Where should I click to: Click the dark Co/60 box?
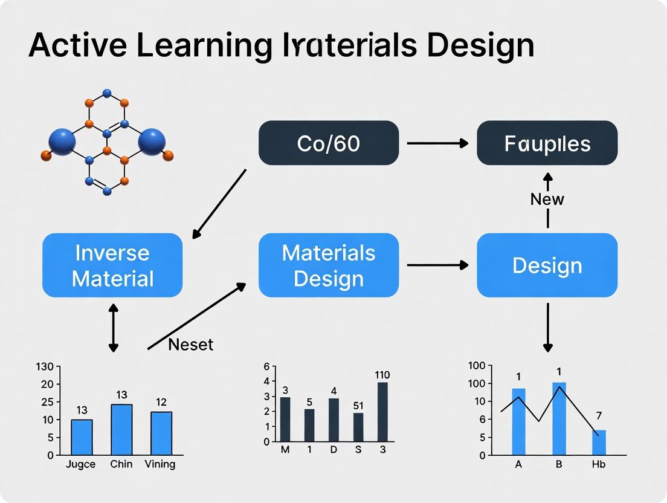329,143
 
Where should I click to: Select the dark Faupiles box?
547,143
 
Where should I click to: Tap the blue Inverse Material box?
113,265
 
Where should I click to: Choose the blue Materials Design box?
329,265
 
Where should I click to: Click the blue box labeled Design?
547,265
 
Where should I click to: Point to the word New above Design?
547,199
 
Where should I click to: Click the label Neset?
190,345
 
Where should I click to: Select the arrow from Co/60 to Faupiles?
437,143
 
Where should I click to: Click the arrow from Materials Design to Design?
437,265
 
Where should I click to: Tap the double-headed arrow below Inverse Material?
113,328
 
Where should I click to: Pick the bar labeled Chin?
121,429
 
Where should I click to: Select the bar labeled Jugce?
82,436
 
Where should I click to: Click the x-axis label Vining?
160,464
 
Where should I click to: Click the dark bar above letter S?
358,427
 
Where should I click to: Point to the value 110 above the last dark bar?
382,375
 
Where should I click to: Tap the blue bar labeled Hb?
599,442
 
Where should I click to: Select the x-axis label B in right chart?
559,464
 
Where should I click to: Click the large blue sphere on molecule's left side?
62,141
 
